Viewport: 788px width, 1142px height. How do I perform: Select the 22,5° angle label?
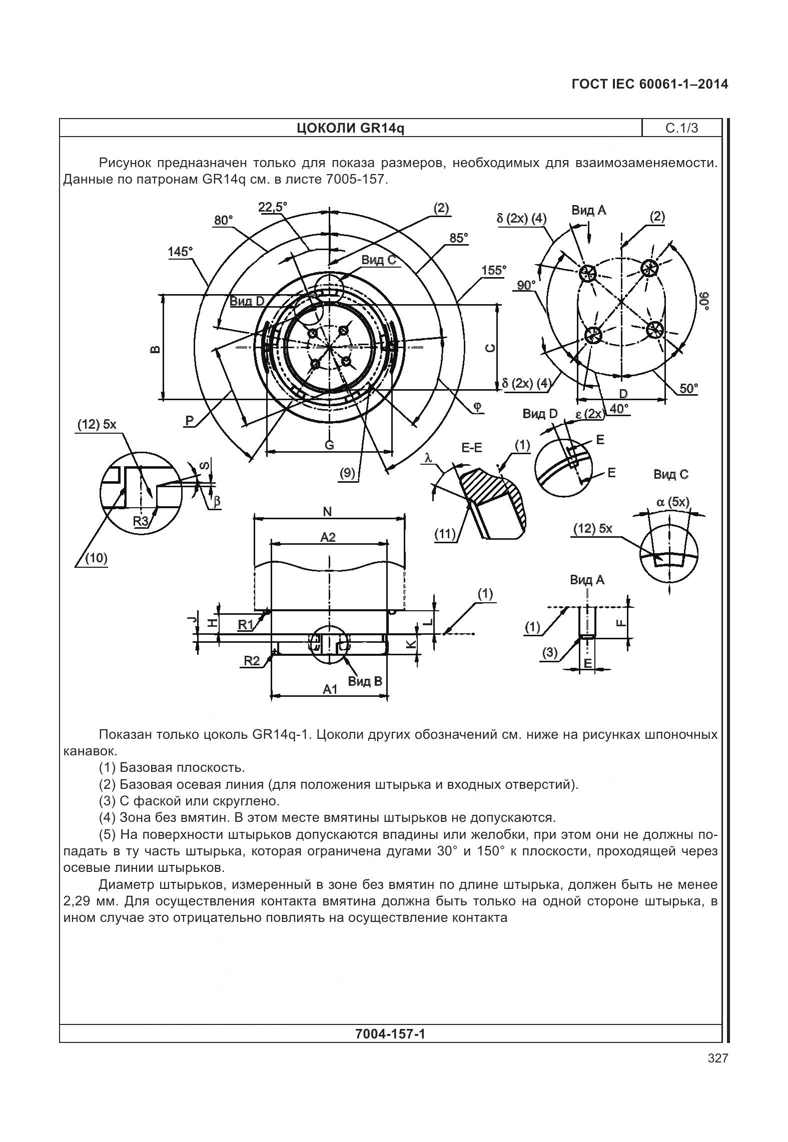click(x=273, y=207)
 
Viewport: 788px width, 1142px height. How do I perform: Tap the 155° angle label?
click(x=493, y=270)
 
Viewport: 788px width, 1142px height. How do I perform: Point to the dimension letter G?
click(x=329, y=444)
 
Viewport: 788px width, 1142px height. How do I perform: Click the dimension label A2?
click(x=328, y=537)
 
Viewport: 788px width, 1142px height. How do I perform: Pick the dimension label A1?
click(x=330, y=689)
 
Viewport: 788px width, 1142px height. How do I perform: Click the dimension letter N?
click(x=327, y=511)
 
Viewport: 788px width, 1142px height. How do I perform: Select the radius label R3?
click(x=141, y=521)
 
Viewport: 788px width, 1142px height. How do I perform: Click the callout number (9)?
click(x=347, y=473)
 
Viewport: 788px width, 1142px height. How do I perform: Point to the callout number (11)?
click(x=445, y=534)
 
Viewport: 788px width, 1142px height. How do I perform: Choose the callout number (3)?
click(x=549, y=652)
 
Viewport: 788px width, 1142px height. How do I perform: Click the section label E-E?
click(x=471, y=448)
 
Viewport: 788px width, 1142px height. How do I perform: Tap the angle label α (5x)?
click(x=672, y=502)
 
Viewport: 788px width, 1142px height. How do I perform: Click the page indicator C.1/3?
click(x=681, y=128)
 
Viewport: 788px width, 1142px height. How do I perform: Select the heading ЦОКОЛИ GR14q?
click(x=350, y=128)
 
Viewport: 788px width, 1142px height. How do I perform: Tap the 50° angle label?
click(x=688, y=388)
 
